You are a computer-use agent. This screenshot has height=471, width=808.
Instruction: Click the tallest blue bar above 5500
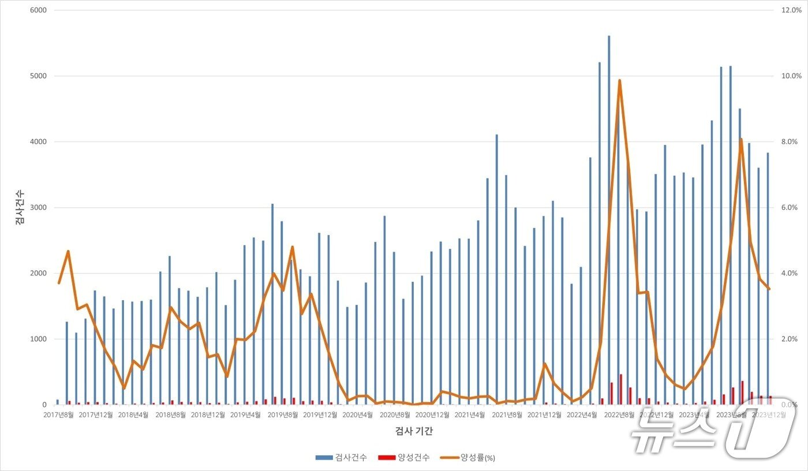tap(609, 173)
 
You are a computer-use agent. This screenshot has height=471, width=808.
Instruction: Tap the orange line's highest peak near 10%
tap(619, 81)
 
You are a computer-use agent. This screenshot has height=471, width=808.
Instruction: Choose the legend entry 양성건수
tap(404, 457)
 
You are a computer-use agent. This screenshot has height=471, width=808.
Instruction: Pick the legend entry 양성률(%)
tap(468, 457)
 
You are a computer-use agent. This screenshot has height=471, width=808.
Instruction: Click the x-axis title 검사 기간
tap(414, 431)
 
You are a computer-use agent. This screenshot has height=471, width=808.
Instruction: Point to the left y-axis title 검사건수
tap(20, 207)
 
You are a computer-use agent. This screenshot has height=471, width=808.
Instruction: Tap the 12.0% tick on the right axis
tap(791, 10)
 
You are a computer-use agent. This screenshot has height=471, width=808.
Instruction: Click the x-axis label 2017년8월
tap(58, 414)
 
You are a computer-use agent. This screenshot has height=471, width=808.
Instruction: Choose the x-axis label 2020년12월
tap(432, 414)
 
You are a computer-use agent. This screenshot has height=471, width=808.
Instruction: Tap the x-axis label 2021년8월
tap(507, 414)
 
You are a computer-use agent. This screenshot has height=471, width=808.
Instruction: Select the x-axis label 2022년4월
tap(581, 414)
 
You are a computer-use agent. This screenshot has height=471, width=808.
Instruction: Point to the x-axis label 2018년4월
tap(133, 414)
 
